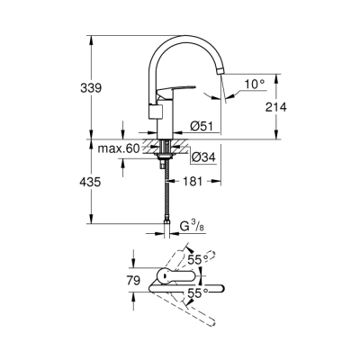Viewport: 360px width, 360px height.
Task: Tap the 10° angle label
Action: [251, 85]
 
